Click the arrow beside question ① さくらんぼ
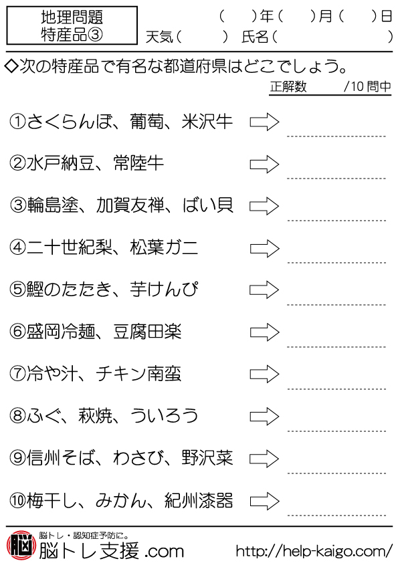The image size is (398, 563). pos(265,122)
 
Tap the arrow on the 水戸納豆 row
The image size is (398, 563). pos(265,164)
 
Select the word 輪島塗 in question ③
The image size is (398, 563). pos(53,206)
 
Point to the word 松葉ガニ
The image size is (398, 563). pos(164,248)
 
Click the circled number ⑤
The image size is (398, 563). pos(17,290)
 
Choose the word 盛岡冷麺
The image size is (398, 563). pos(61,332)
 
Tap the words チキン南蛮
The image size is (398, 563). pos(138,374)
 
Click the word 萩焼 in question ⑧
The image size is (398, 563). pos(96,416)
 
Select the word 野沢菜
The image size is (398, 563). pos(207,458)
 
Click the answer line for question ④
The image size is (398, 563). pos(336,263)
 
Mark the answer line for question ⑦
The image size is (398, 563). pos(336,389)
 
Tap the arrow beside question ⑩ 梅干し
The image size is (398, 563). pos(265,501)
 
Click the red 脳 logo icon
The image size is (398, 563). pos(21,545)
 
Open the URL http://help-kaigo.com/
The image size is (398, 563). pos(314,550)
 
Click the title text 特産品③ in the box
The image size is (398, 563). pos(72,35)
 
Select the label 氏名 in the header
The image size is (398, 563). pos(255,37)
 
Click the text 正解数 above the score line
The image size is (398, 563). pos(288,86)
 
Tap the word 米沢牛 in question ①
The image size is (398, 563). pos(207,122)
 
